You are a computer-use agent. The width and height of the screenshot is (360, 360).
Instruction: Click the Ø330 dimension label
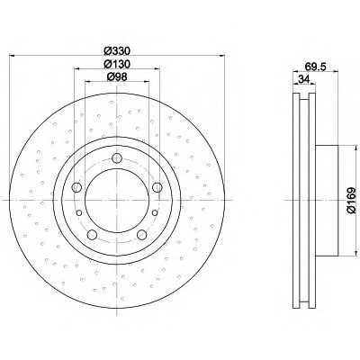pos(117,51)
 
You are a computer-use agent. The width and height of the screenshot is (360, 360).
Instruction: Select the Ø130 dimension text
pos(117,64)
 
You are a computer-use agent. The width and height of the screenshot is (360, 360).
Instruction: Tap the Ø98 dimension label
pos(117,76)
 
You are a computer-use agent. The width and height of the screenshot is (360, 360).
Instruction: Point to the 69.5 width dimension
pos(315,67)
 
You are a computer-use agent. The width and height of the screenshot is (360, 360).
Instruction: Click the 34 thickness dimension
pos(303,79)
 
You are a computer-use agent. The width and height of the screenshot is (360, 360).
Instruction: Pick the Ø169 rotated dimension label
pos(351,200)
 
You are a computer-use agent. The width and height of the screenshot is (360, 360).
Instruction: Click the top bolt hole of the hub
pos(117,157)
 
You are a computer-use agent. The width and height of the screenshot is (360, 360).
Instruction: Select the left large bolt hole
pos(76,187)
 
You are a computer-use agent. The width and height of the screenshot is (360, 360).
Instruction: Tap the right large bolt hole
pos(157,187)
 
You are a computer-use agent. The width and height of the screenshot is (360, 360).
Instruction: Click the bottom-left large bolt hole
pos(92,235)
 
